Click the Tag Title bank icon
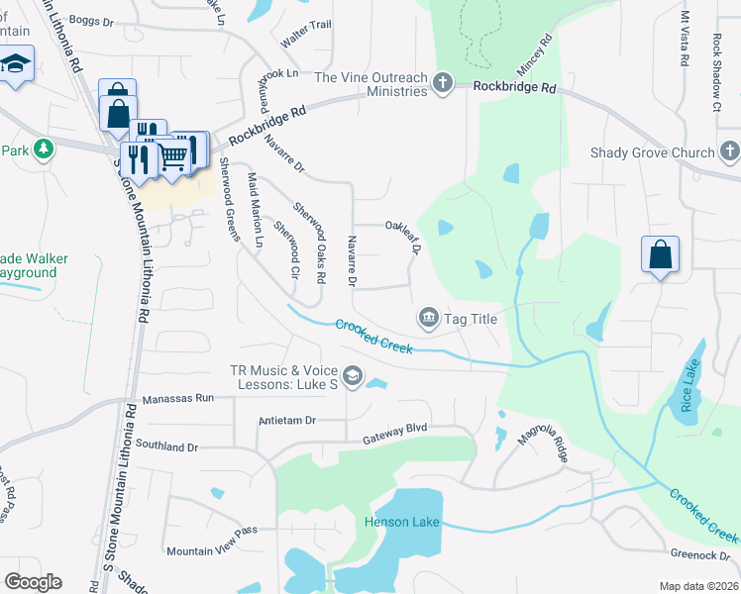pyautogui.click(x=429, y=318)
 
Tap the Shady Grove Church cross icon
pyautogui.click(x=730, y=152)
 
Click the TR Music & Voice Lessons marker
pyautogui.click(x=353, y=376)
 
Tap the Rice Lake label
pyautogui.click(x=688, y=387)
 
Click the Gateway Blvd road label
pyautogui.click(x=394, y=434)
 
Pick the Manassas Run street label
pyautogui.click(x=178, y=398)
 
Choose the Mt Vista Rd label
pyautogui.click(x=684, y=40)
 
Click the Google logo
pyautogui.click(x=33, y=582)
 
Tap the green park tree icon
pyautogui.click(x=43, y=149)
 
